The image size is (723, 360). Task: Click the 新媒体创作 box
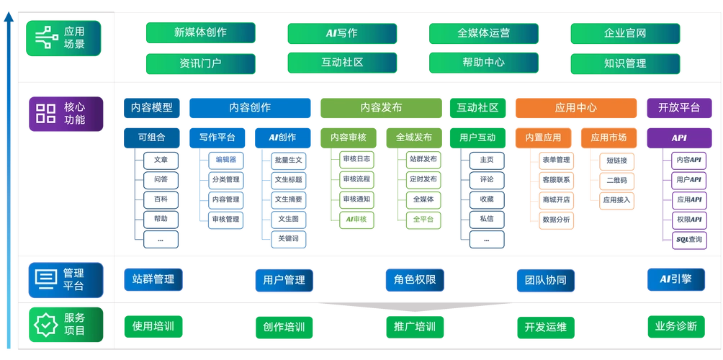click(200, 32)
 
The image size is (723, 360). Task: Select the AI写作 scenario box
click(342, 32)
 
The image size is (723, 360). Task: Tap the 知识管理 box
click(624, 63)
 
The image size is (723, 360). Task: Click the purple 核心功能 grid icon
click(46, 113)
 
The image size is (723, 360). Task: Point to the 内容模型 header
click(151, 107)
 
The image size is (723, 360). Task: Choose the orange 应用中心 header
click(575, 107)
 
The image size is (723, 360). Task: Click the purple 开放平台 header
click(679, 107)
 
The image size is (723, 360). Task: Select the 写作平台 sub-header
click(217, 137)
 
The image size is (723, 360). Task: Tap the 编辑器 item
click(226, 159)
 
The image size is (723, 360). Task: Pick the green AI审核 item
click(356, 219)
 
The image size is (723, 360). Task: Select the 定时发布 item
click(423, 179)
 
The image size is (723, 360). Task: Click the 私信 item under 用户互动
click(486, 219)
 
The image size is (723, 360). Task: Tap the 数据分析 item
click(556, 219)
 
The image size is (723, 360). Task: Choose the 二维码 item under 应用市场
click(616, 180)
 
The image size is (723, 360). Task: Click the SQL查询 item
click(688, 239)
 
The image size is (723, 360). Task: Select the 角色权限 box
click(414, 279)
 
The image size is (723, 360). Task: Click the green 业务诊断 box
click(675, 325)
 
